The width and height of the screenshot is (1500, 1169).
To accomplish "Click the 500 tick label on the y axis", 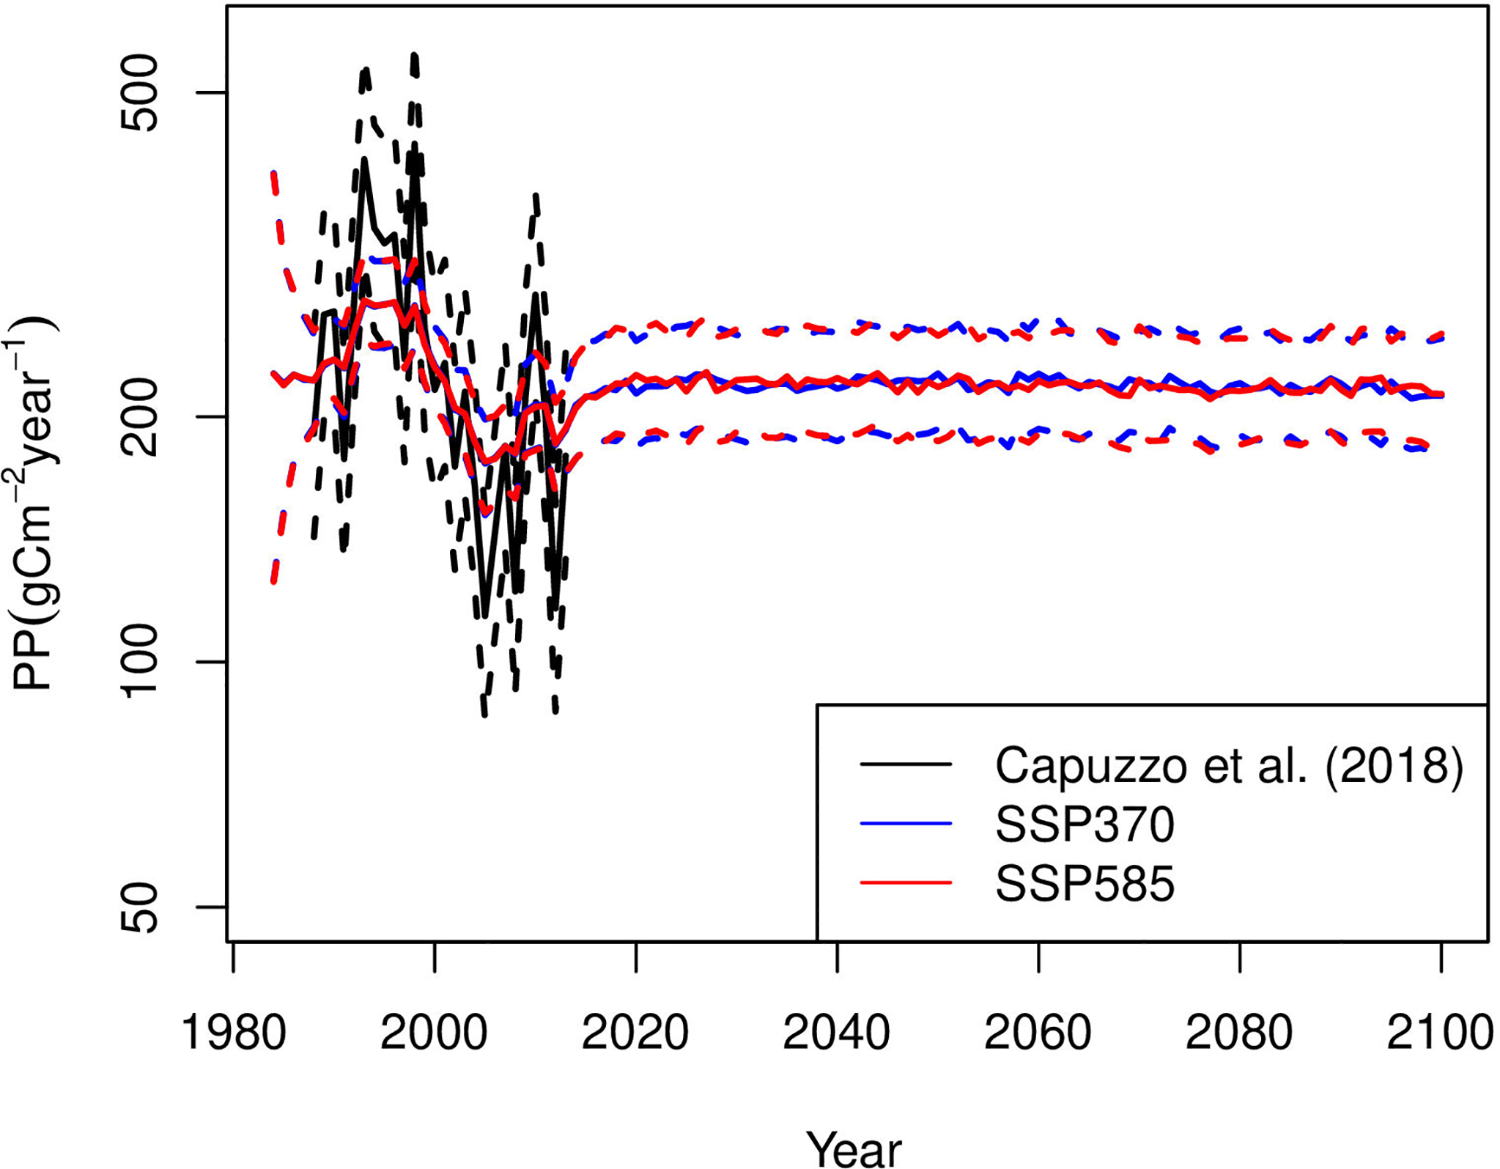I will (139, 93).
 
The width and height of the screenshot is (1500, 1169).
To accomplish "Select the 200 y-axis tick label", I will (139, 417).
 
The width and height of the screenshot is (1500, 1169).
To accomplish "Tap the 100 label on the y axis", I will (139, 662).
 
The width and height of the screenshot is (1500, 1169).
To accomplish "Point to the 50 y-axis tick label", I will (139, 907).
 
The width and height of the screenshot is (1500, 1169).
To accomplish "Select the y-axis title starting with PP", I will (33, 506).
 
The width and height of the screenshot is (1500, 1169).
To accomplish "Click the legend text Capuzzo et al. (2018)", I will (1229, 766).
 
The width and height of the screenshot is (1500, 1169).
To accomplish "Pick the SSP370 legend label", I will (1085, 825).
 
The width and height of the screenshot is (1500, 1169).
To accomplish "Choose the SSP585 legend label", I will (1085, 883).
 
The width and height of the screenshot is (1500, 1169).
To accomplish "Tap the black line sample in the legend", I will (906, 764).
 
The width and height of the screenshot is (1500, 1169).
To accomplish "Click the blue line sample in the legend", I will (906, 824).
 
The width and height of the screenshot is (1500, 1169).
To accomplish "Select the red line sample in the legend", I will (906, 882).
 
